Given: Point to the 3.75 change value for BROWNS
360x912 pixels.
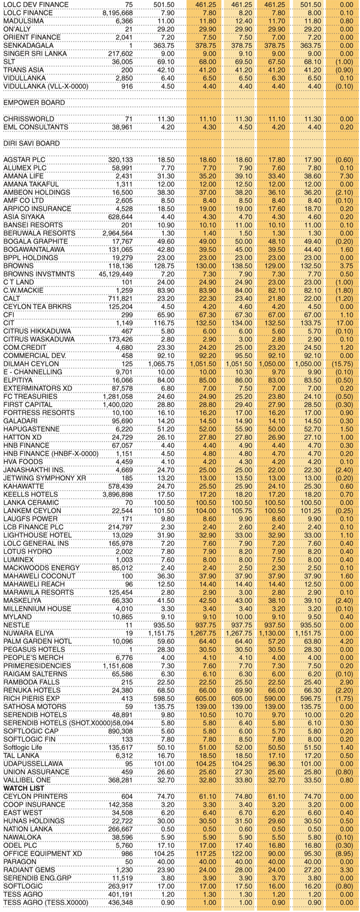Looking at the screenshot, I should click(346, 265).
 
